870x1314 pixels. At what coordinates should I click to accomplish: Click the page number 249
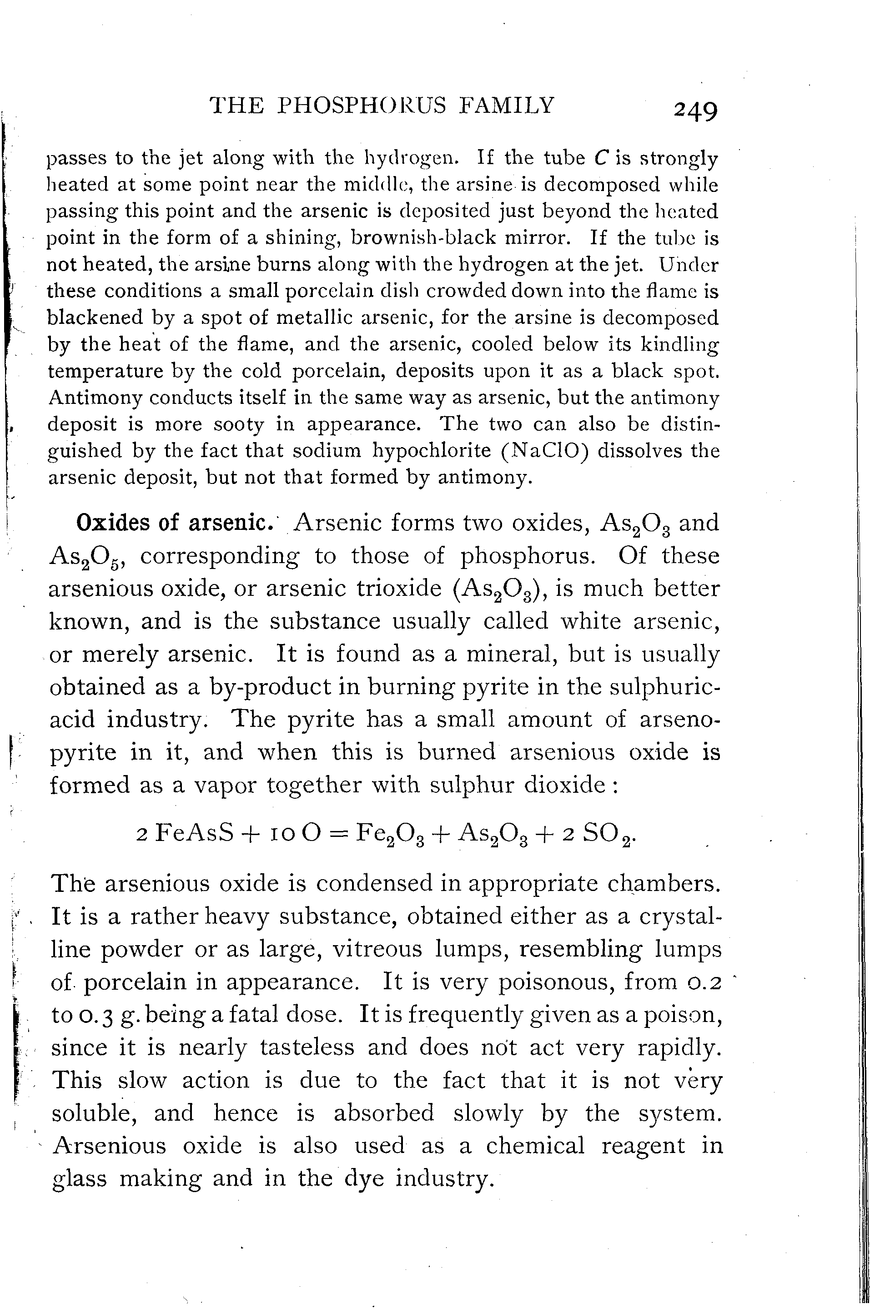point(696,110)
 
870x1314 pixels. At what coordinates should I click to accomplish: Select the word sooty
point(239,424)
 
